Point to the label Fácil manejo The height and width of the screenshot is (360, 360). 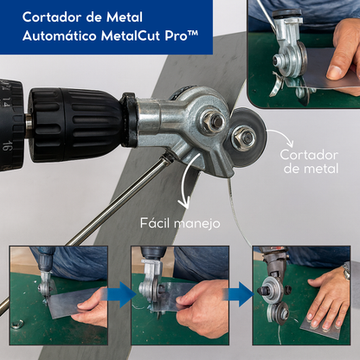coord(180,223)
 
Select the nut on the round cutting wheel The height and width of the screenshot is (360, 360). coord(246,136)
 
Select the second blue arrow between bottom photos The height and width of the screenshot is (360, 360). coord(241,295)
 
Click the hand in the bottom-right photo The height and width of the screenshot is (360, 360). coord(328,299)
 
